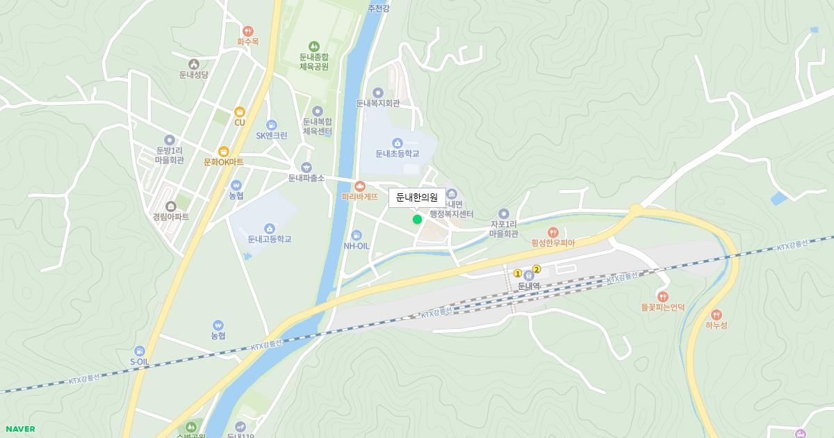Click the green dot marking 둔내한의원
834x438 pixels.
coord(417,220)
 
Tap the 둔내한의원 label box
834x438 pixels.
coord(417,197)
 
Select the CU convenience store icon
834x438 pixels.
coord(240,111)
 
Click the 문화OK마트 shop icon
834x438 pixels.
coord(224,151)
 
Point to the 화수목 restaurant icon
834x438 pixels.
coord(247,31)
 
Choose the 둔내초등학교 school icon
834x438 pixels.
coord(398,143)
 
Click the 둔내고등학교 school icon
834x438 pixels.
coord(269,228)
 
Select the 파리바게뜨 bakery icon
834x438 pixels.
coord(359,186)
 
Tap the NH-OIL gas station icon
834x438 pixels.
coord(357,235)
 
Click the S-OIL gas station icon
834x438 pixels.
coord(140,351)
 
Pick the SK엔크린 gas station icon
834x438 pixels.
coord(271,124)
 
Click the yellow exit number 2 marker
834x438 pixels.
coord(537,269)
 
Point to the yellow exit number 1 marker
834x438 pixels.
coord(518,273)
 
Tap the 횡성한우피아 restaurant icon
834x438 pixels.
coord(553,232)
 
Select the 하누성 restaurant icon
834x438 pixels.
coord(717,314)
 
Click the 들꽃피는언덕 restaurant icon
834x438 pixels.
coord(662,296)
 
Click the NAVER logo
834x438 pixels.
coord(19,429)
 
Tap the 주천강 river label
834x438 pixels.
coord(379,8)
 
